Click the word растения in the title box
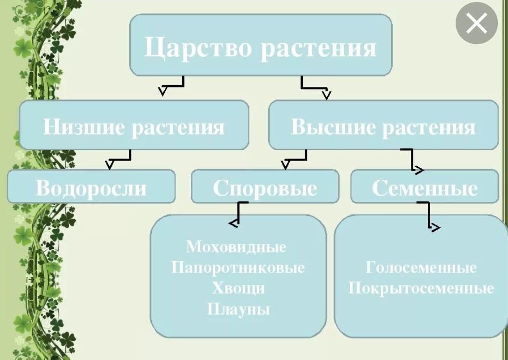click(x=319, y=48)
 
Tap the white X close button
click(x=476, y=23)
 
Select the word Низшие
click(x=83, y=126)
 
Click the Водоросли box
click(x=91, y=186)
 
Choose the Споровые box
click(x=265, y=187)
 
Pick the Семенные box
click(x=424, y=187)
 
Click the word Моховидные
click(x=236, y=247)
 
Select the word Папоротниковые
click(x=238, y=267)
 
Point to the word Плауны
click(x=238, y=309)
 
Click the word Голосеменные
click(x=421, y=267)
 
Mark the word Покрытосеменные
click(x=421, y=288)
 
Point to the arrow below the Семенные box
click(x=428, y=216)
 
